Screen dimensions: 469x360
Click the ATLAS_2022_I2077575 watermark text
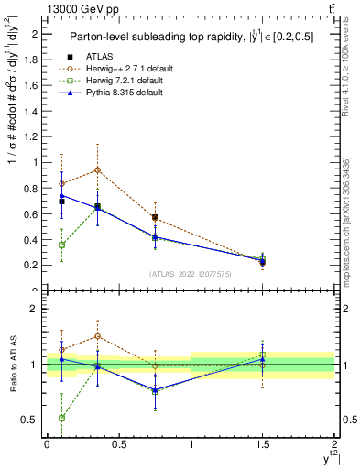pos(190,273)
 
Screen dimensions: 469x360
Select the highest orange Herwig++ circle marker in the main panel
pos(97,169)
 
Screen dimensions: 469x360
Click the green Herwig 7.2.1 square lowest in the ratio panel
pos(61,418)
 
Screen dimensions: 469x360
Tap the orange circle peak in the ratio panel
pos(97,336)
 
